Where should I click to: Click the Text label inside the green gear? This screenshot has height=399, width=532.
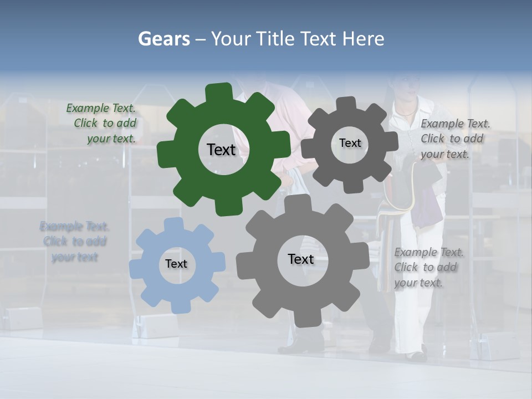click(221, 150)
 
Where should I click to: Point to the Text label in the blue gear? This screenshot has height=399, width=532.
click(176, 264)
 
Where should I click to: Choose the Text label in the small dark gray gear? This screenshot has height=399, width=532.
click(350, 143)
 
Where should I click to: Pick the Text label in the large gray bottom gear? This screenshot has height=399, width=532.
click(301, 259)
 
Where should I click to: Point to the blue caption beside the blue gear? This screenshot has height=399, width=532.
click(74, 242)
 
